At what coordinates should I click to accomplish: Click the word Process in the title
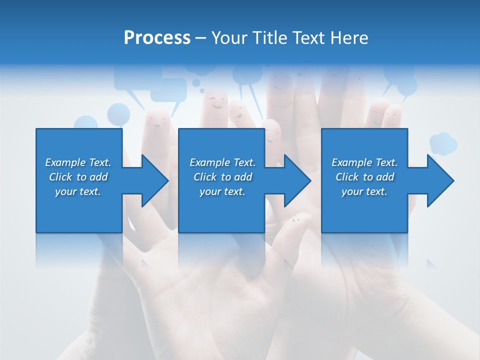(x=157, y=38)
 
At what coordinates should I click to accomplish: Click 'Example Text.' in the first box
(x=78, y=162)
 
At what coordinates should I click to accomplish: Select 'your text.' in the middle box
(x=222, y=191)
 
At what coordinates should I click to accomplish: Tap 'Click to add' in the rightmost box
(x=364, y=177)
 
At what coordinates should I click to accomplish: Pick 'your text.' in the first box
(x=78, y=191)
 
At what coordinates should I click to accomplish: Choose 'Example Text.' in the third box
(x=364, y=162)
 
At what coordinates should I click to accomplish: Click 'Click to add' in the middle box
(x=222, y=177)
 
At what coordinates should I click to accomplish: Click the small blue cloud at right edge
(x=443, y=143)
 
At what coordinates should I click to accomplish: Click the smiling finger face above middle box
(x=217, y=103)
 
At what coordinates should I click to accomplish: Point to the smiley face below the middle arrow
(x=295, y=218)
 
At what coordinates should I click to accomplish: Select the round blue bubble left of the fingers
(x=118, y=113)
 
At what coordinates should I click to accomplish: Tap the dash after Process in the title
(x=200, y=38)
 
